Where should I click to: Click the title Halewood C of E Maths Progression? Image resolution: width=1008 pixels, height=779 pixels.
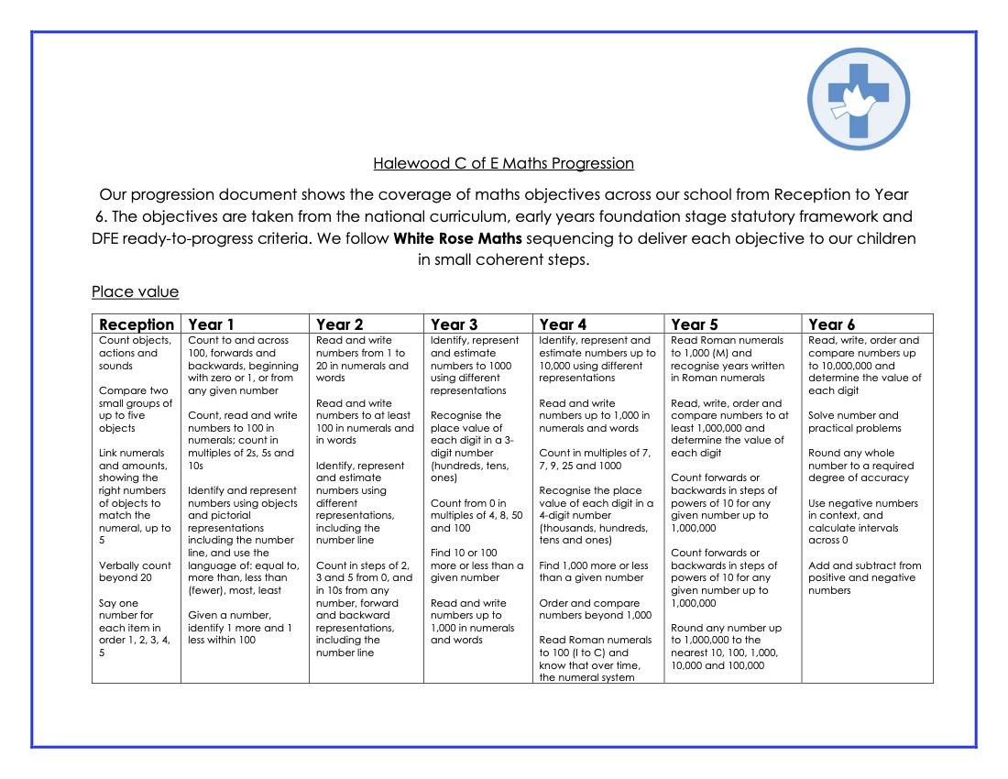coord(503,164)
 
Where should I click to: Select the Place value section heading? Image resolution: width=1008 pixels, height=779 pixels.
coord(135,292)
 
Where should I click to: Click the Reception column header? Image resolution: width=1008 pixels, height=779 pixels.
coord(136,324)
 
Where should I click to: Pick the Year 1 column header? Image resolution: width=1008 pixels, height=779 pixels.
coord(211,324)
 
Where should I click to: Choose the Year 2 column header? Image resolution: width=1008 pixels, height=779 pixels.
coord(339,324)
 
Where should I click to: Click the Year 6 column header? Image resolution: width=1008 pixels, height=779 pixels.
coord(831,324)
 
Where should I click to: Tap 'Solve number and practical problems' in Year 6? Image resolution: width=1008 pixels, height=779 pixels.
coord(854,422)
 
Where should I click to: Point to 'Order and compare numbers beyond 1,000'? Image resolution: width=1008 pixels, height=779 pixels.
coord(596,609)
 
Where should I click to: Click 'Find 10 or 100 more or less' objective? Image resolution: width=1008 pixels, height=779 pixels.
coord(477,565)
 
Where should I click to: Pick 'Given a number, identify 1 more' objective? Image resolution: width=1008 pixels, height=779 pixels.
coord(240,628)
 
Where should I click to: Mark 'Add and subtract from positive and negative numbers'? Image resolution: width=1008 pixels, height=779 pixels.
coord(864,578)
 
